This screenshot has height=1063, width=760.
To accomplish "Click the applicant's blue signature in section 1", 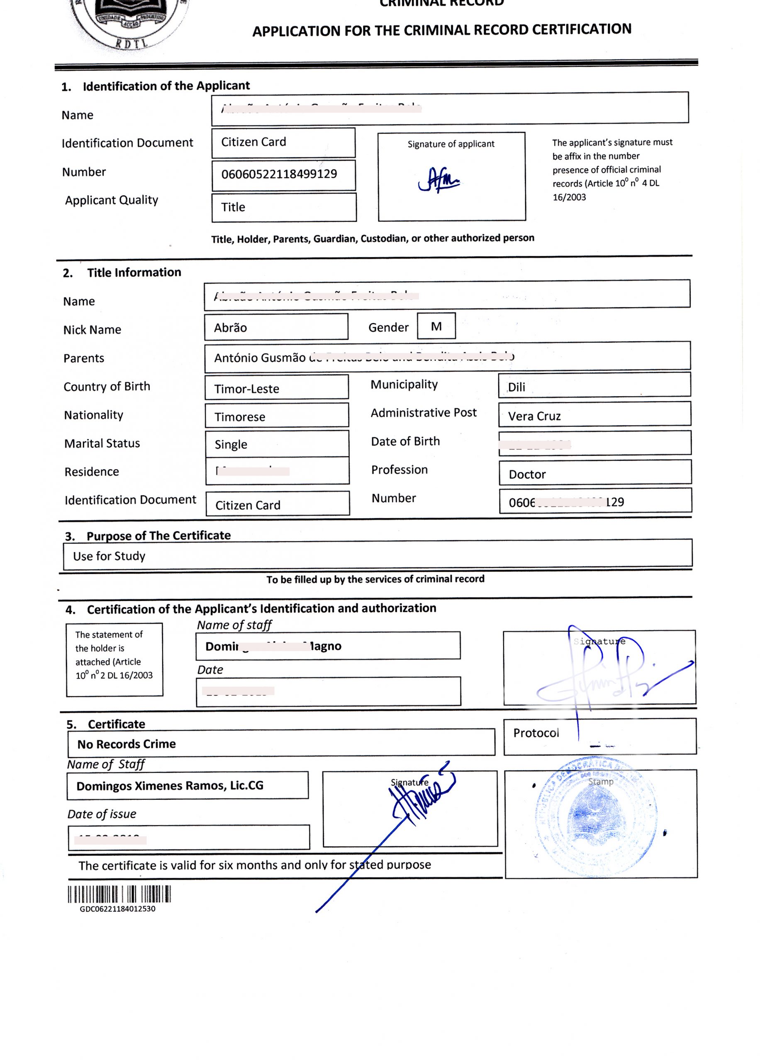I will point(438,180).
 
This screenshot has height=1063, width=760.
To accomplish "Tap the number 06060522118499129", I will point(279,174).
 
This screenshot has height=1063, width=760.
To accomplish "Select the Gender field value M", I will point(436,326).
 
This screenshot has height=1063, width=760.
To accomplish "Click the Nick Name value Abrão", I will point(230,328).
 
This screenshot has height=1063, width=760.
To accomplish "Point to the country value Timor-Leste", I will point(246,389).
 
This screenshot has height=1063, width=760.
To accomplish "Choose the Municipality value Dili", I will point(516,387).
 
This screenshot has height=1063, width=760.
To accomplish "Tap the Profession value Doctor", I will point(527,474).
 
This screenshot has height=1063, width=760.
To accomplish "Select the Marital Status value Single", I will point(231,444).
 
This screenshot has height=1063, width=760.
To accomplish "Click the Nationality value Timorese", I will point(240,417).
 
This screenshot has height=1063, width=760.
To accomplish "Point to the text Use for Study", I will point(109,556).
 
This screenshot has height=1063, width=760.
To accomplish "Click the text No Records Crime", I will point(127,744).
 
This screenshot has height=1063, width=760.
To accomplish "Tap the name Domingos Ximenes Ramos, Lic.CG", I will point(170,786).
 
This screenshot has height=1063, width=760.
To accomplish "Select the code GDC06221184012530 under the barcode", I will point(117,909).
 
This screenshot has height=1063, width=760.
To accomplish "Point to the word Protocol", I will point(536,733).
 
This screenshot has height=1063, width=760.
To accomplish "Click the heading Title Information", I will point(134,272).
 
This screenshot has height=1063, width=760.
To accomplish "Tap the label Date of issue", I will point(102,814).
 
